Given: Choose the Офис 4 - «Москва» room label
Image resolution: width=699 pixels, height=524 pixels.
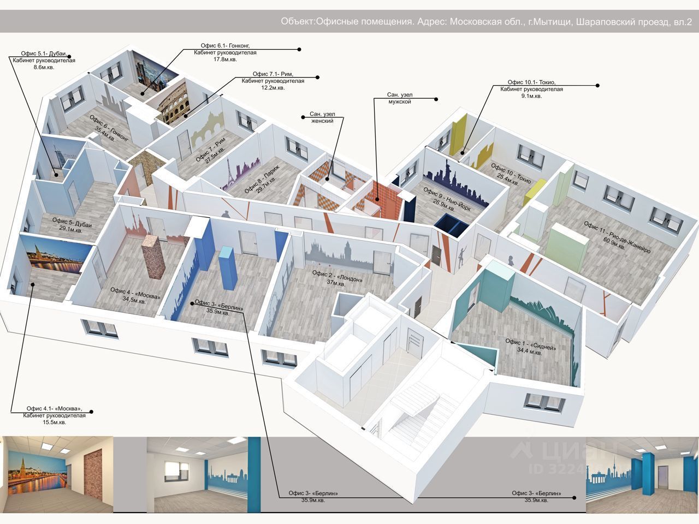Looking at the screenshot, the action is [x=135, y=295].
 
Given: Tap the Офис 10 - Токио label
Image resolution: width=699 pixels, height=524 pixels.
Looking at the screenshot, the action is [x=511, y=173].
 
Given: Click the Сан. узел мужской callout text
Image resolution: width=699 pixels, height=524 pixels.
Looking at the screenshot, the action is [x=399, y=99].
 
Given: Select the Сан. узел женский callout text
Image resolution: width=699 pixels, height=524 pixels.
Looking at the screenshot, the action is [x=322, y=117].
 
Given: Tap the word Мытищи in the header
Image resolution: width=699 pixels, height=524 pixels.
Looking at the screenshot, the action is [x=551, y=22].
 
